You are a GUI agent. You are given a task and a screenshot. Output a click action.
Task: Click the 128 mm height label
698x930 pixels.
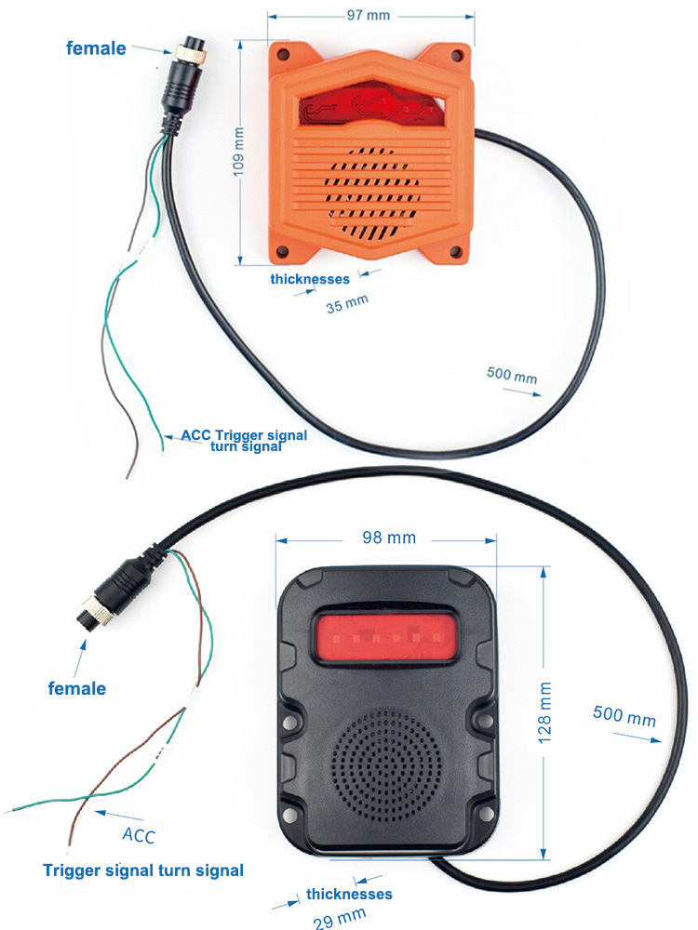tap(545, 711)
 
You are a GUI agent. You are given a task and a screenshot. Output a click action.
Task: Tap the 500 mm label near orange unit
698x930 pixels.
tap(512, 376)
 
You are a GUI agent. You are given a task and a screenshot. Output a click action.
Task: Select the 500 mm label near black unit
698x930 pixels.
tap(624, 717)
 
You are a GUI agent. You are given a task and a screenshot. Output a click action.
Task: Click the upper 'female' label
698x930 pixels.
tap(96, 47)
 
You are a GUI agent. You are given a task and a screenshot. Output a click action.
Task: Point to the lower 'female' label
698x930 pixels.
tap(76, 689)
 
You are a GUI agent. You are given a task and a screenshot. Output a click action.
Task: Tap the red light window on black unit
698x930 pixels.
tap(383, 638)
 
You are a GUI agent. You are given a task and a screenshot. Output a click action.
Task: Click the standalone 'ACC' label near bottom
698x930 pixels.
tap(139, 834)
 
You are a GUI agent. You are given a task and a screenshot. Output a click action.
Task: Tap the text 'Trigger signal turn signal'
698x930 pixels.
tap(143, 870)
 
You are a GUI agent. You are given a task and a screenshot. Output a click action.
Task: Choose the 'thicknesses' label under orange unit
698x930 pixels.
tap(310, 278)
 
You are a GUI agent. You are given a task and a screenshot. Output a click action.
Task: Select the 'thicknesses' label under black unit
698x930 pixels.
tap(349, 894)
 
